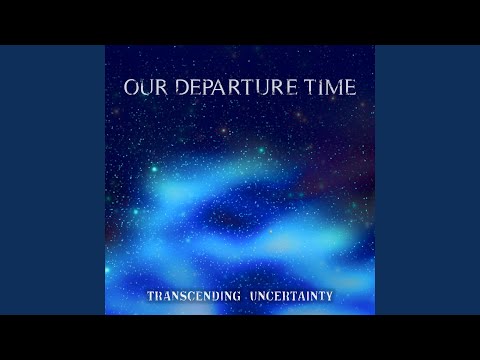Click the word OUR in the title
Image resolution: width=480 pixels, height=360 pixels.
pos(142,88)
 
